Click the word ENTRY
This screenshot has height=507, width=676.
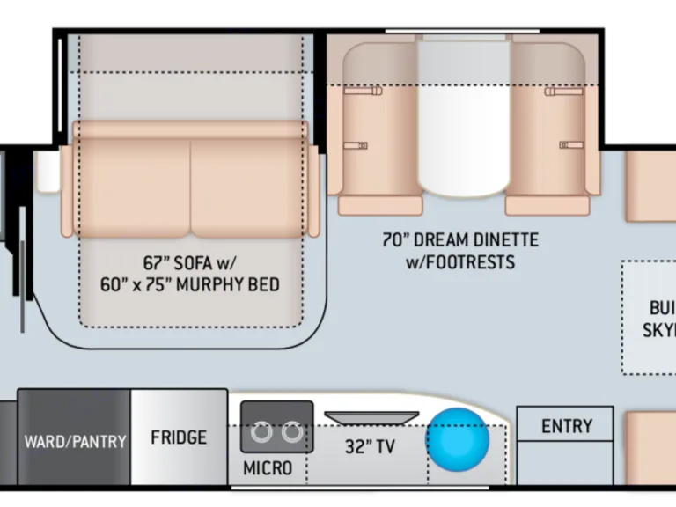(566, 427)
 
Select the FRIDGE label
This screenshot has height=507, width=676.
(179, 437)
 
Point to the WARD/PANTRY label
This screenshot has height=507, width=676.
(75, 441)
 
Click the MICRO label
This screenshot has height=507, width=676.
(268, 467)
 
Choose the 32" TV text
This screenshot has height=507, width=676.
(370, 446)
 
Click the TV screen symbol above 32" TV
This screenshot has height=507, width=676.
(370, 418)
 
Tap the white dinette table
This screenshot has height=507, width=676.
(464, 114)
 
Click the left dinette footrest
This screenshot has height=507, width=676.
(380, 205)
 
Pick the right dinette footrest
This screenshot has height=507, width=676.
(547, 205)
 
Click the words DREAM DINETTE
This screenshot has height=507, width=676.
(481, 239)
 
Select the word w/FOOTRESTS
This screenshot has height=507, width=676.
(459, 261)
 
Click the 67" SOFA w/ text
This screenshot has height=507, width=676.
(190, 262)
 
